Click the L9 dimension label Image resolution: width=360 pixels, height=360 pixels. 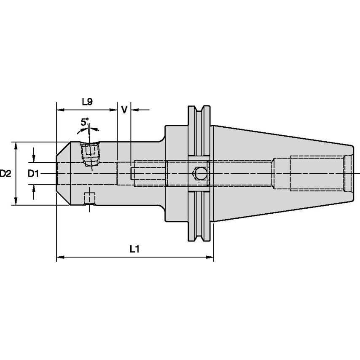tap(87, 102)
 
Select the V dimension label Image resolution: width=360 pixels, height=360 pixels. tap(124, 110)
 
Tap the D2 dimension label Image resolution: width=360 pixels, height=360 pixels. tap(5, 173)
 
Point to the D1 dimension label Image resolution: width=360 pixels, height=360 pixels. tap(33, 173)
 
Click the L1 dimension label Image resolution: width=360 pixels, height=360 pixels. tap(134, 249)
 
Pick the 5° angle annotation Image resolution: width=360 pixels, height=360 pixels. tap(85, 123)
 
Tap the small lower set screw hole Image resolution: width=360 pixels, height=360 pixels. tap(89, 199)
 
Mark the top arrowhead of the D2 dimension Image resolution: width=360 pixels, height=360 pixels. tap(16, 145)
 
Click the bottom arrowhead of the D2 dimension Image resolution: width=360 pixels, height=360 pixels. tap(16, 202)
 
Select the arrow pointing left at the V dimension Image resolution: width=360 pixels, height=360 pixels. tap(135, 110)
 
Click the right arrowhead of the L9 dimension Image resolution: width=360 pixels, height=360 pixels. tap(114, 110)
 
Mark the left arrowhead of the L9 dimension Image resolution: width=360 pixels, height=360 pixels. tap(60, 110)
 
